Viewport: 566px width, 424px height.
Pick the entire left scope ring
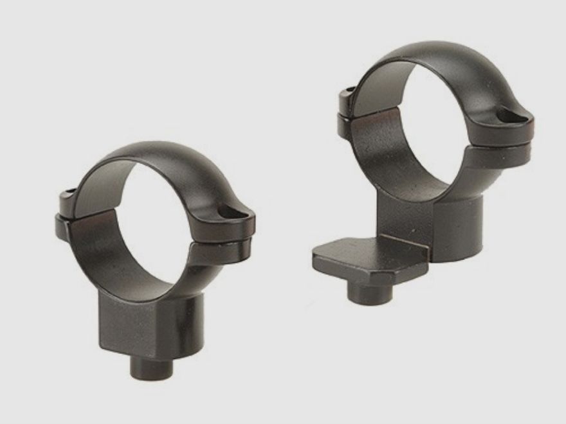(154, 257)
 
